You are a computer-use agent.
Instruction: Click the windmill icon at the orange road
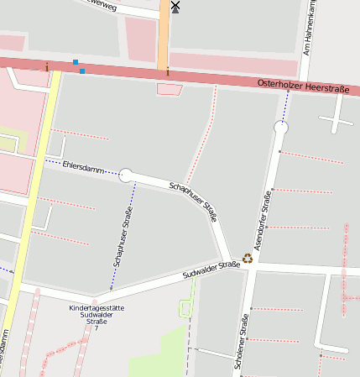175,7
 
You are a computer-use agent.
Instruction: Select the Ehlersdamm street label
83,168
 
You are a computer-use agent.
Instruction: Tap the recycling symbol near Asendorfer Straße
248,259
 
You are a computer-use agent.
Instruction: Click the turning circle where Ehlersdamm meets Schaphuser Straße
126,175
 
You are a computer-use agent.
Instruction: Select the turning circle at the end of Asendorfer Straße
280,128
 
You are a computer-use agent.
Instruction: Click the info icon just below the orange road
167,71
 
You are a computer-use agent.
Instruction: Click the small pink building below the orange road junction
169,89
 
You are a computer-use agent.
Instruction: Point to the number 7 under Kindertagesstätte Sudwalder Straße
97,327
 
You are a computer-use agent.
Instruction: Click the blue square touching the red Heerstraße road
82,71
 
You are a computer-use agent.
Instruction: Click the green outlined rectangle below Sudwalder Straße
185,309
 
